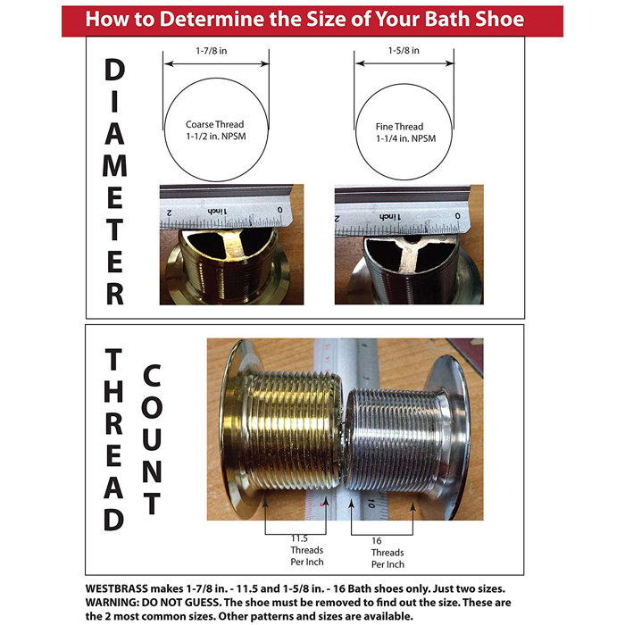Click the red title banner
tap(312, 20)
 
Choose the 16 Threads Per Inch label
tap(387, 552)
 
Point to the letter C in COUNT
tap(151, 375)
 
